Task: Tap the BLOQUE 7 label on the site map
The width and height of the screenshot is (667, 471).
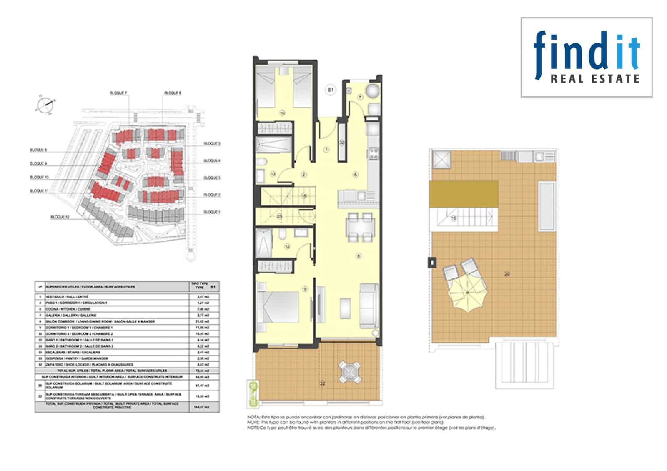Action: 119,93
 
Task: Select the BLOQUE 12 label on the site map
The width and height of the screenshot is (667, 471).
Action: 60,217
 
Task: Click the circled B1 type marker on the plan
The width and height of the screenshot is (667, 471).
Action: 331,90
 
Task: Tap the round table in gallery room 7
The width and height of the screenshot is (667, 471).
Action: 372,90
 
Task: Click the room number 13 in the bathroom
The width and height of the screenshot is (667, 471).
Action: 273,174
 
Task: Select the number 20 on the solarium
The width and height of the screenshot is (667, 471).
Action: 507,274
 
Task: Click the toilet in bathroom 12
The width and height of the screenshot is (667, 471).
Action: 283,235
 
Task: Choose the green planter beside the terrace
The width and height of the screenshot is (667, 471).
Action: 252,393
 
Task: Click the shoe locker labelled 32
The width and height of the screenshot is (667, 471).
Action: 342,143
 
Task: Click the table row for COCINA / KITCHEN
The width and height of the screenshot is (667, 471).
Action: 125,309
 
